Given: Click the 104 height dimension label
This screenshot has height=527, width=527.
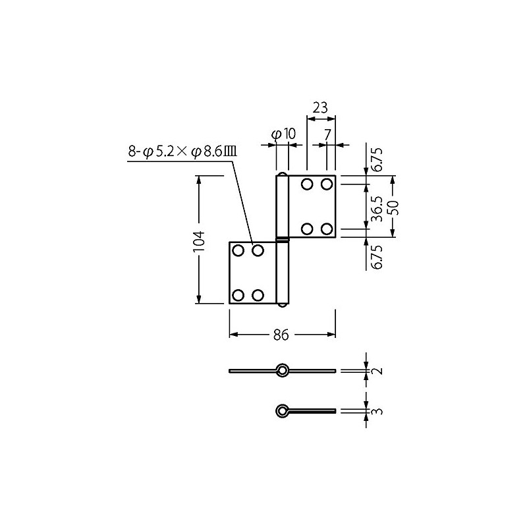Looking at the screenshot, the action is tap(200, 240).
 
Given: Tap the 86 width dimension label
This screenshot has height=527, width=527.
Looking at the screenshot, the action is tap(281, 335).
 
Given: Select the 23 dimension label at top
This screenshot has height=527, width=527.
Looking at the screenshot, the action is tap(320, 108).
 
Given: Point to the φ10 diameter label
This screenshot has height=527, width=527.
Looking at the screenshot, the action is tap(283, 134).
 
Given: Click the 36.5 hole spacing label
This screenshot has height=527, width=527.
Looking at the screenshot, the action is tap(377, 209).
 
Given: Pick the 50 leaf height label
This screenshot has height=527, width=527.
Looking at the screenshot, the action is tap(393, 208).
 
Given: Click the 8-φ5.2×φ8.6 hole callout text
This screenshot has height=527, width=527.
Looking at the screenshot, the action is tap(182, 152).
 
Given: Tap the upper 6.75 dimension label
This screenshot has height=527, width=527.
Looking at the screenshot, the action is tap(377, 159).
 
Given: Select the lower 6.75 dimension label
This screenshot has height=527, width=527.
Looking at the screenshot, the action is tap(377, 257).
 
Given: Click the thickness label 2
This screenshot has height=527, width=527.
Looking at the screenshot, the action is tap(378, 371).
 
